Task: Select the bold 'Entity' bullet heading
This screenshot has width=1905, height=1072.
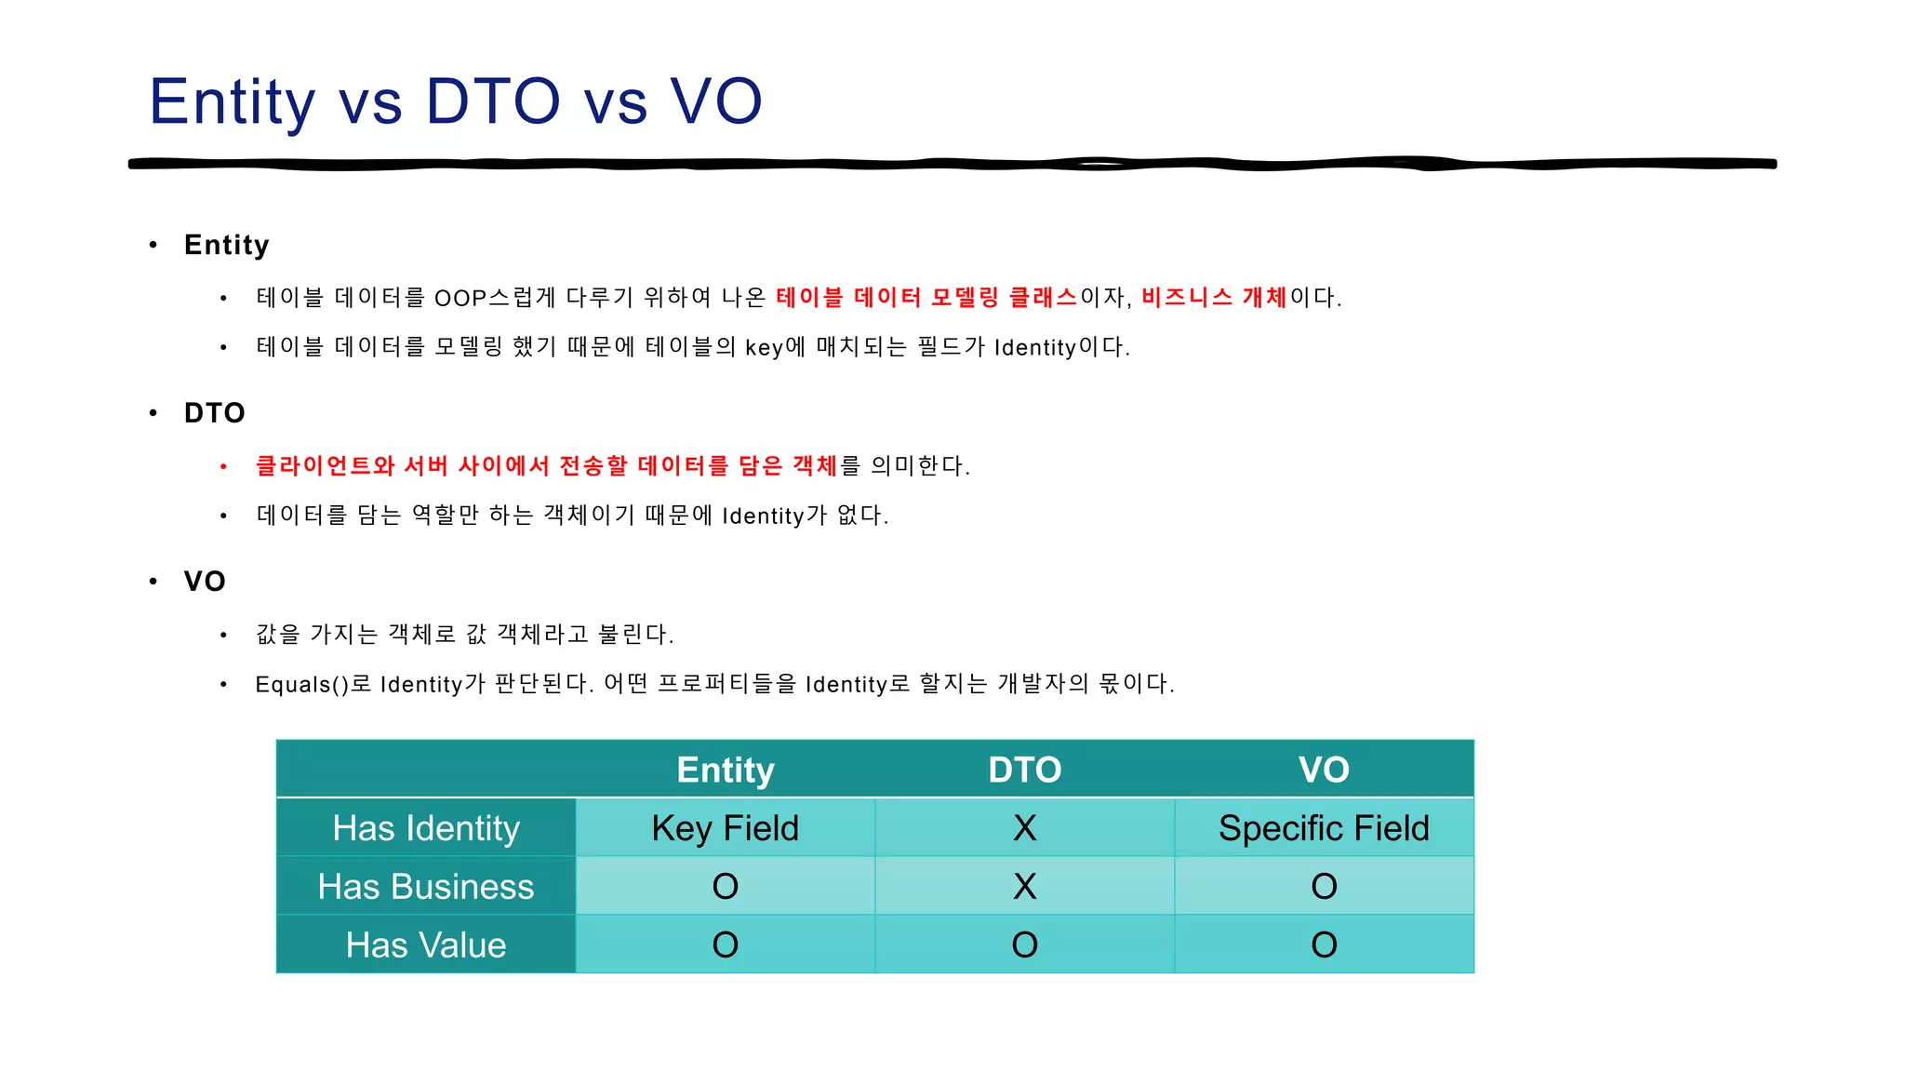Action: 226,245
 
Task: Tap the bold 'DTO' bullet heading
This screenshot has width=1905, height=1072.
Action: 214,413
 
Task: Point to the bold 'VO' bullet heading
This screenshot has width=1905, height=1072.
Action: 205,582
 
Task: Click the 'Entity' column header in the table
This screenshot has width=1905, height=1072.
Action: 726,770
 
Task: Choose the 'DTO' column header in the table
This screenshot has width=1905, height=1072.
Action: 1024,770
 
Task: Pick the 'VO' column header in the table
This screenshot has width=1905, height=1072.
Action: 1324,770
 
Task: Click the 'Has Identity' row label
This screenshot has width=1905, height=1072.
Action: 426,828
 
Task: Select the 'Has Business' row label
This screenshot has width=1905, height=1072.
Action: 426,887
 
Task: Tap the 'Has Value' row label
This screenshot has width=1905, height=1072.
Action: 426,945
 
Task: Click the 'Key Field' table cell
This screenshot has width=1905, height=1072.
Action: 726,828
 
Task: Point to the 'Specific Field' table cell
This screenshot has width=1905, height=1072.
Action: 1324,828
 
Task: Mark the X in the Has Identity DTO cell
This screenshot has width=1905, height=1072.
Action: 1024,828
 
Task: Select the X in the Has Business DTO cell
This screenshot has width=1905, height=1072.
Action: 1024,887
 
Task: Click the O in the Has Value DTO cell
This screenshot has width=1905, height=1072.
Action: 1024,945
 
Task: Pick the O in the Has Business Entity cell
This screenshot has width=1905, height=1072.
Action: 726,887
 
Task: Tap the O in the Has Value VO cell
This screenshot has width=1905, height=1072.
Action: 1324,945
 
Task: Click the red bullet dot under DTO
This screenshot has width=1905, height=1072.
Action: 223,466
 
